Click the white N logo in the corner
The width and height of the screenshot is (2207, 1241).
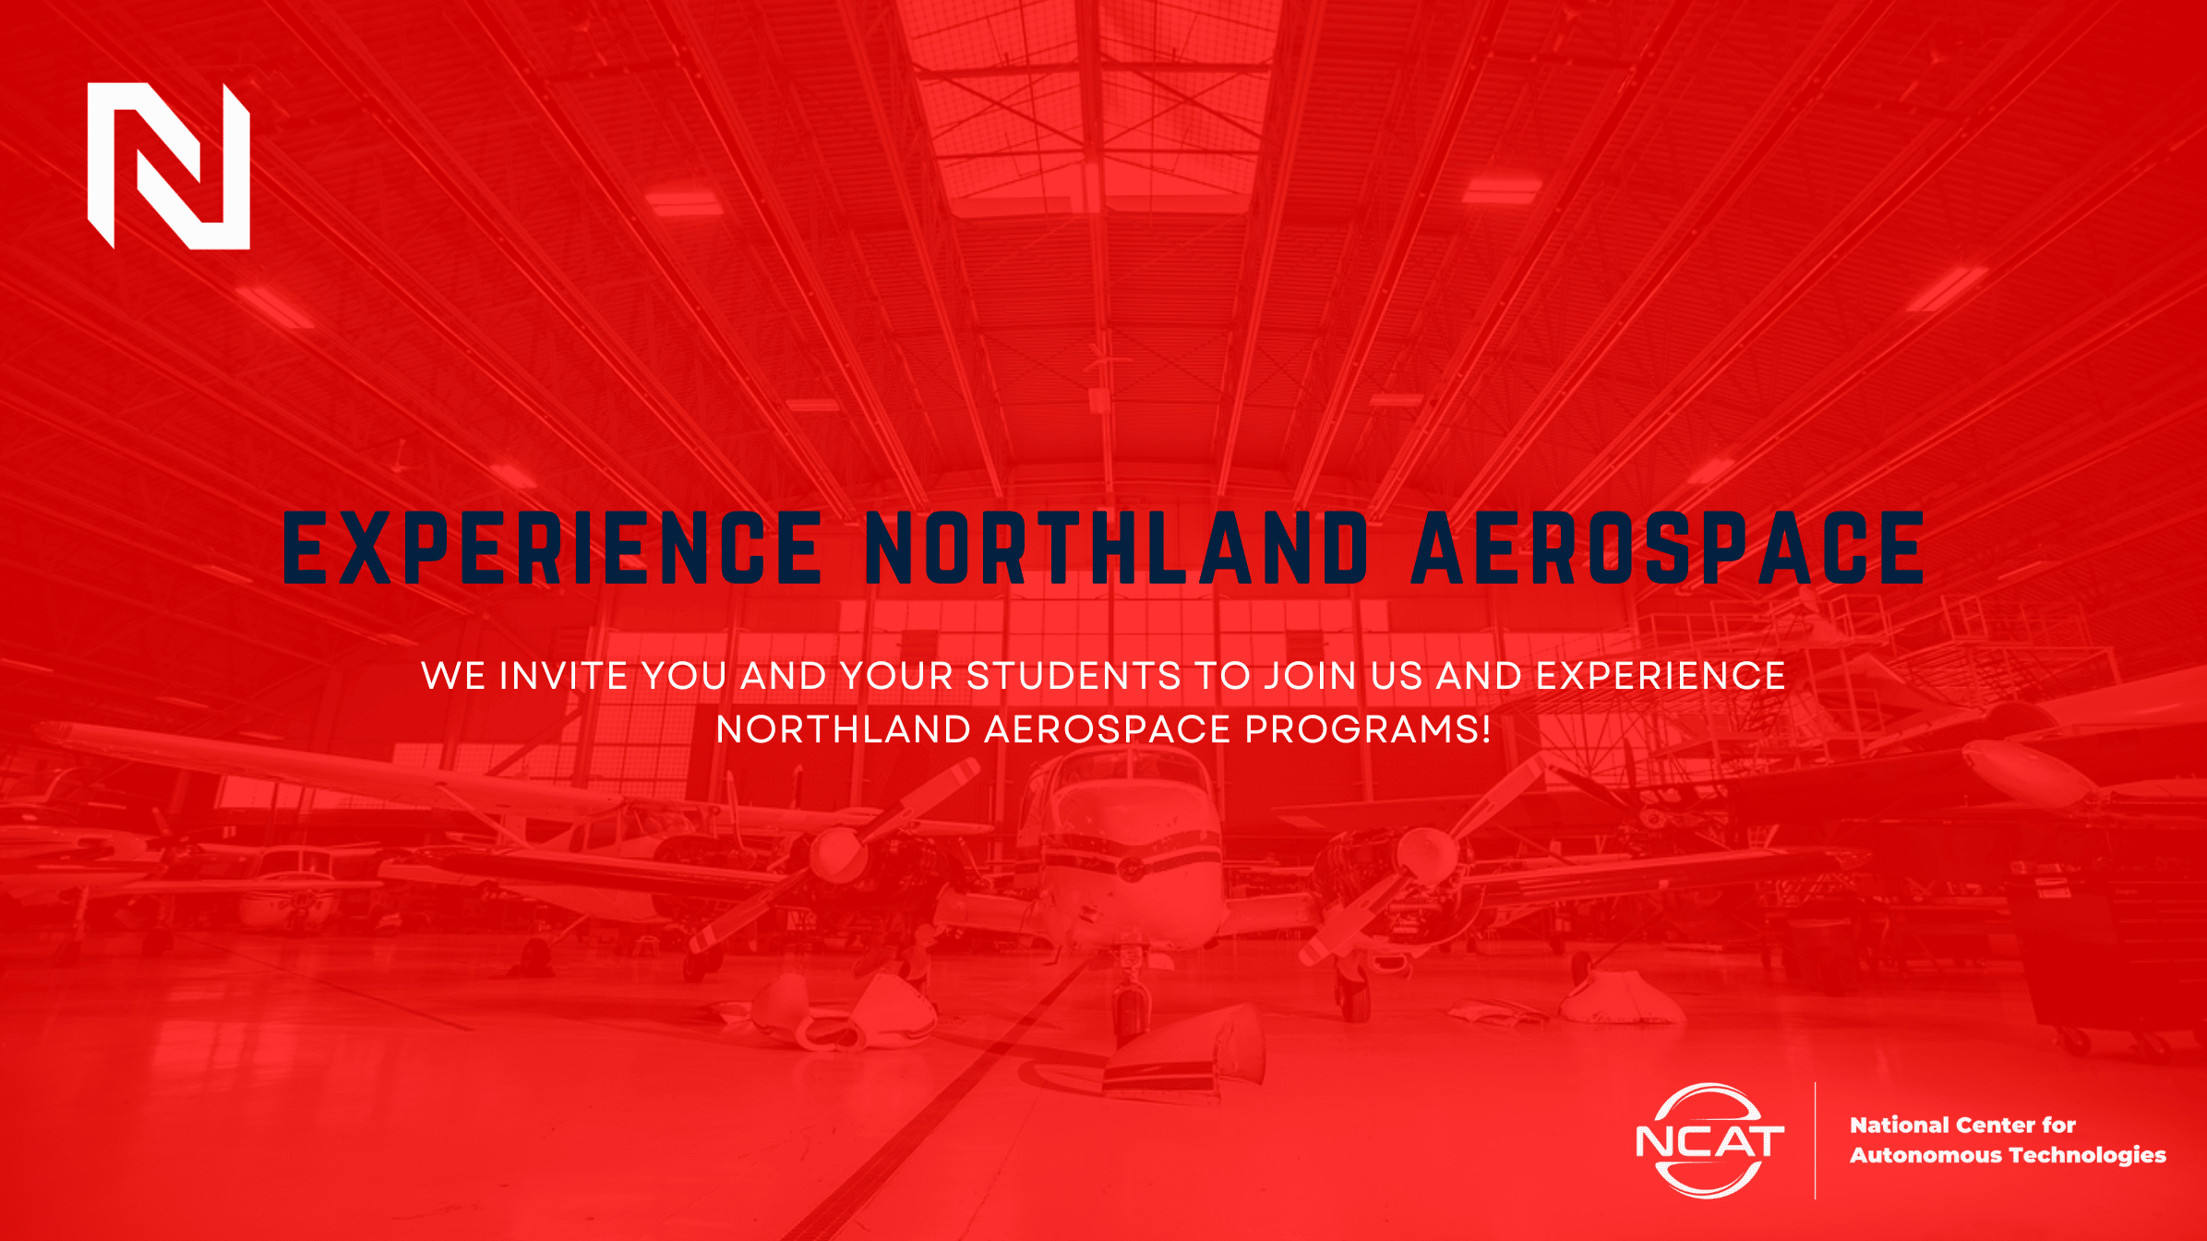(x=169, y=166)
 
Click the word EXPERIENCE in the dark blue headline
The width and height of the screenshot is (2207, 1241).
(x=552, y=548)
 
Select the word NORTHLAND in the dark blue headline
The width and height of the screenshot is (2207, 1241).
(x=1117, y=548)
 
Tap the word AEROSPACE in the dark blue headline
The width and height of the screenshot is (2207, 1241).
(x=1668, y=548)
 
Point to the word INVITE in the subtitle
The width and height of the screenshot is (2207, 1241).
(x=564, y=676)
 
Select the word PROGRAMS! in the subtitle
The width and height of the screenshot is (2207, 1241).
(x=1368, y=729)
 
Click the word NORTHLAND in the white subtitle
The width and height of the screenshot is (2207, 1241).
(x=844, y=729)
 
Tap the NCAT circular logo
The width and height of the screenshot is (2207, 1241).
(x=1709, y=1142)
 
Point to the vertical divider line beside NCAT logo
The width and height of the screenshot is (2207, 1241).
(x=1815, y=1140)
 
